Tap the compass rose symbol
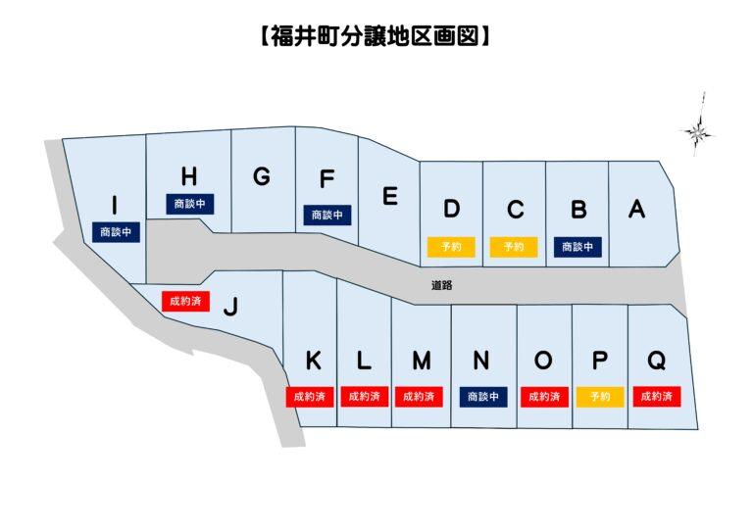click(x=698, y=130)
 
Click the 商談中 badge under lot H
click(x=189, y=204)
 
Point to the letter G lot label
click(x=261, y=177)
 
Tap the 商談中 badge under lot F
click(x=327, y=214)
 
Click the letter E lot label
click(x=389, y=196)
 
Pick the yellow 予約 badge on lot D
click(x=451, y=247)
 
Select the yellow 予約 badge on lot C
click(x=514, y=247)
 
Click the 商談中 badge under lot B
click(x=577, y=247)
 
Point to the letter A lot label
click(x=637, y=209)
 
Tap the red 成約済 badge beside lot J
click(x=185, y=300)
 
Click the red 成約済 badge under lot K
click(x=313, y=397)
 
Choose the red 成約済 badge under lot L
click(x=365, y=397)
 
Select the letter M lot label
click(x=421, y=362)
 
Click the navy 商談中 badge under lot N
click(x=483, y=397)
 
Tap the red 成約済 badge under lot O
click(x=544, y=397)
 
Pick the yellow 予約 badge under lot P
click(x=600, y=397)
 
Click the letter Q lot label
click(x=657, y=362)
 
